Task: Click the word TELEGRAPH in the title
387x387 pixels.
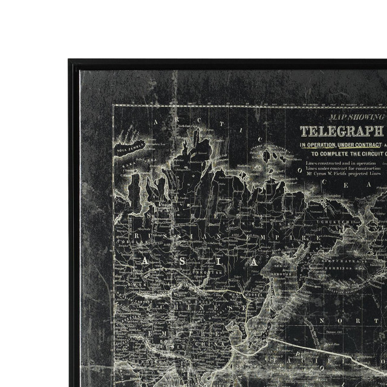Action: (x=342, y=131)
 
